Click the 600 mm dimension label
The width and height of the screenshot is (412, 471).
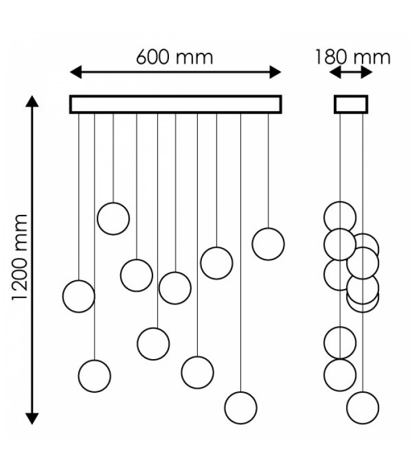[174, 57]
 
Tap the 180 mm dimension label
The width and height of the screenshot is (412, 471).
[353, 57]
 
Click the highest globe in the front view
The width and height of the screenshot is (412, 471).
[113, 203]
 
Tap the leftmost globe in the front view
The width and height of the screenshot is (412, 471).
[63, 297]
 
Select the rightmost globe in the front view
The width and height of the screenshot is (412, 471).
[284, 244]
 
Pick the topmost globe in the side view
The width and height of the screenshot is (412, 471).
[340, 202]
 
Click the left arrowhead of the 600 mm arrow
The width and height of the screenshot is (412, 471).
[76, 72]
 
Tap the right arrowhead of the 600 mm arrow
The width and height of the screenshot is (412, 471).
[275, 72]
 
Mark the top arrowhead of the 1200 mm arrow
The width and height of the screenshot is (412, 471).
[32, 101]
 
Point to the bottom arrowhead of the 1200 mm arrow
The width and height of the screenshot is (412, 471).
[32, 419]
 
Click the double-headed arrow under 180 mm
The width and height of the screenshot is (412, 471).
[351, 72]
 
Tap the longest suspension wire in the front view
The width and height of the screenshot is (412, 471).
[241, 253]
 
